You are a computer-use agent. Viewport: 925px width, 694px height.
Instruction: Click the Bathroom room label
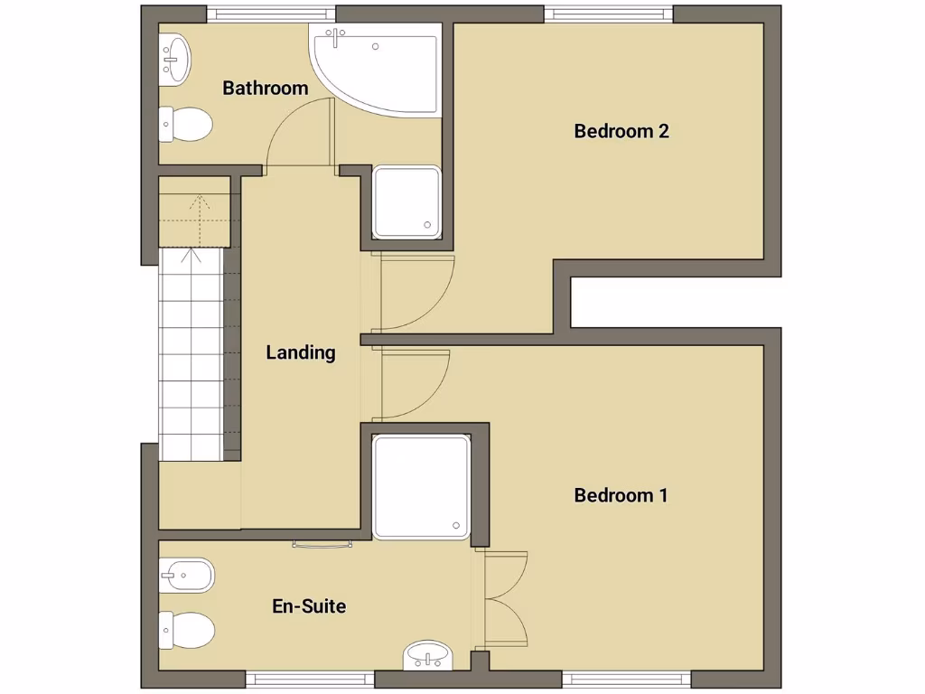tap(266, 89)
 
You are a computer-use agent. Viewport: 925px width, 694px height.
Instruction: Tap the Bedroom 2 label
tap(621, 131)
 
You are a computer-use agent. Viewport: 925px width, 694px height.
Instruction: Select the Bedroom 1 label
tap(621, 495)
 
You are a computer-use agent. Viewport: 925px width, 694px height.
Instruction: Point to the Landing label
tap(301, 352)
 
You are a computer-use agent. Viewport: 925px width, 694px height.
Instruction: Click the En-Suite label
tap(309, 605)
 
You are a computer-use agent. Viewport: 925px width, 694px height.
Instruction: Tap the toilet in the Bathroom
tap(184, 125)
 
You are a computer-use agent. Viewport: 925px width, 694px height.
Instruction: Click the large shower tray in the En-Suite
tap(421, 487)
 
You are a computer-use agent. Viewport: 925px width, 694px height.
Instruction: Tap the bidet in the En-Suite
tap(186, 574)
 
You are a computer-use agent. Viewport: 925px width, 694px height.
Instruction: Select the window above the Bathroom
tap(271, 14)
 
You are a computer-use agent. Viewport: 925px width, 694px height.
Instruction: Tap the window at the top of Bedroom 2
tap(609, 14)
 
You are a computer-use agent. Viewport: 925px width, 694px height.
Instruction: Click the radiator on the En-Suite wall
tap(322, 544)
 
